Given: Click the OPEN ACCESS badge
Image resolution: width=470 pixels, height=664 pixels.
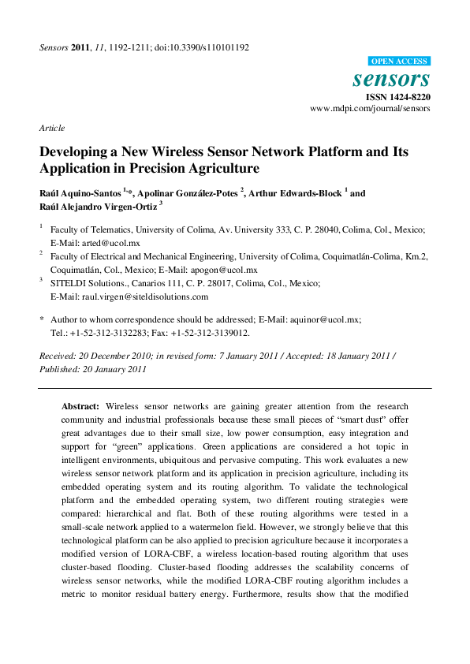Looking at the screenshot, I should [399, 62].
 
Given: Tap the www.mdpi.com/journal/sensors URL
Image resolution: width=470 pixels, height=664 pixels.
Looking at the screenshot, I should [370, 109].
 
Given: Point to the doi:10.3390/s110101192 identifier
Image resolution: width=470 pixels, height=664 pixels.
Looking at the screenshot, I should [200, 47].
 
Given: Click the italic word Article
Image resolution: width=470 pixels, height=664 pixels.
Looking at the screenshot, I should [52, 128].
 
